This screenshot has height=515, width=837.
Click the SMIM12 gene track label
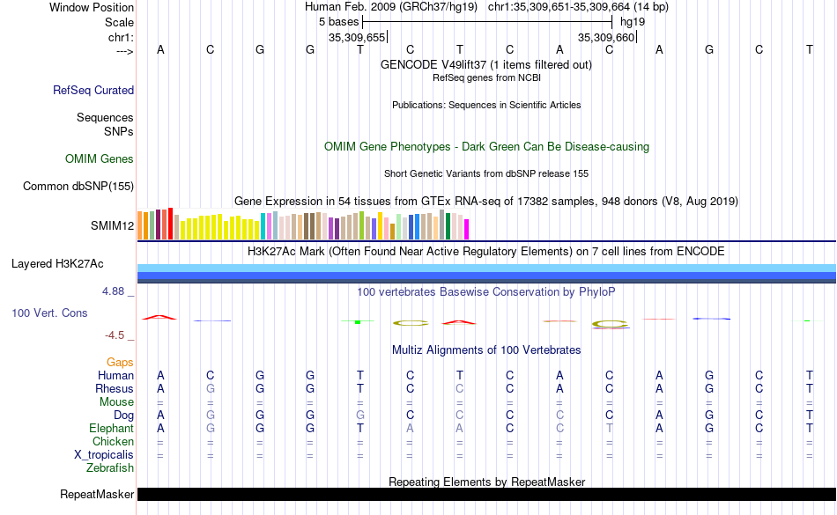click(112, 226)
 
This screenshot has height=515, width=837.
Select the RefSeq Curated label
click(93, 90)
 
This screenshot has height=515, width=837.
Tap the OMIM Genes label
click(100, 159)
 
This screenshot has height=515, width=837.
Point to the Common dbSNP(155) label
click(78, 186)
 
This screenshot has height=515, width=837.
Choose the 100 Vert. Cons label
click(50, 313)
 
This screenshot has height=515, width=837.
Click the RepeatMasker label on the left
click(97, 495)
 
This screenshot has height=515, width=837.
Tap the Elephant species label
click(112, 428)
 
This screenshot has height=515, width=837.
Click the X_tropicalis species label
click(104, 454)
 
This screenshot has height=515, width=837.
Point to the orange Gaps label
click(120, 362)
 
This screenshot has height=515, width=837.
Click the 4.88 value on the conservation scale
click(115, 291)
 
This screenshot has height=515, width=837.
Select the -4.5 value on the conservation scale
click(115, 335)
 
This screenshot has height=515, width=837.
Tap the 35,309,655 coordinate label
click(357, 38)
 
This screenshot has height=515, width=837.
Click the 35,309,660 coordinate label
click(605, 38)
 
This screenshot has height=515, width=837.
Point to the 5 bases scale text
click(338, 21)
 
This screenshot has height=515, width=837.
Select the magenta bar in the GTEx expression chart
click(466, 229)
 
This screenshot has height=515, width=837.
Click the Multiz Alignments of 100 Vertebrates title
click(486, 349)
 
